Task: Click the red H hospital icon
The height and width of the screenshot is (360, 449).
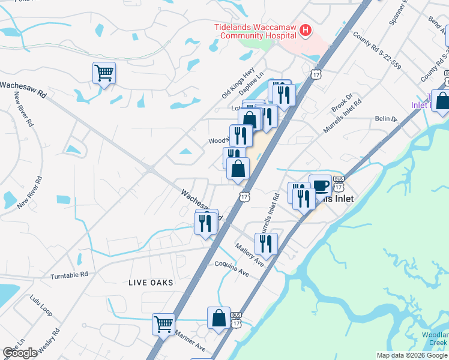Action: tap(306, 30)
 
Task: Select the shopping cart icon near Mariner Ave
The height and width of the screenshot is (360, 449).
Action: tap(163, 324)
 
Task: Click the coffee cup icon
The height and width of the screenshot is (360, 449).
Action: tap(320, 185)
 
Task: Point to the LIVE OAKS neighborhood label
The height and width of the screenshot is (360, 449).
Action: tap(150, 283)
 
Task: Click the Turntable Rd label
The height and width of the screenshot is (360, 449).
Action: tap(69, 274)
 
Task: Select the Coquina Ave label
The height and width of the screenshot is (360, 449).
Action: tap(232, 268)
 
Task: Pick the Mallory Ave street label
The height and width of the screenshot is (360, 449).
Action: tap(250, 254)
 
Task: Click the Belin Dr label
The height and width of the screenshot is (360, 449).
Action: tap(386, 119)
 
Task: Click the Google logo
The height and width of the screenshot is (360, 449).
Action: tap(20, 353)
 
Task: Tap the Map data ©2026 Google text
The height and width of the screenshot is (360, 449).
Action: tap(411, 355)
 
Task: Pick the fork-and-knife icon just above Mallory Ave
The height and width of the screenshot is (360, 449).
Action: tap(265, 244)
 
